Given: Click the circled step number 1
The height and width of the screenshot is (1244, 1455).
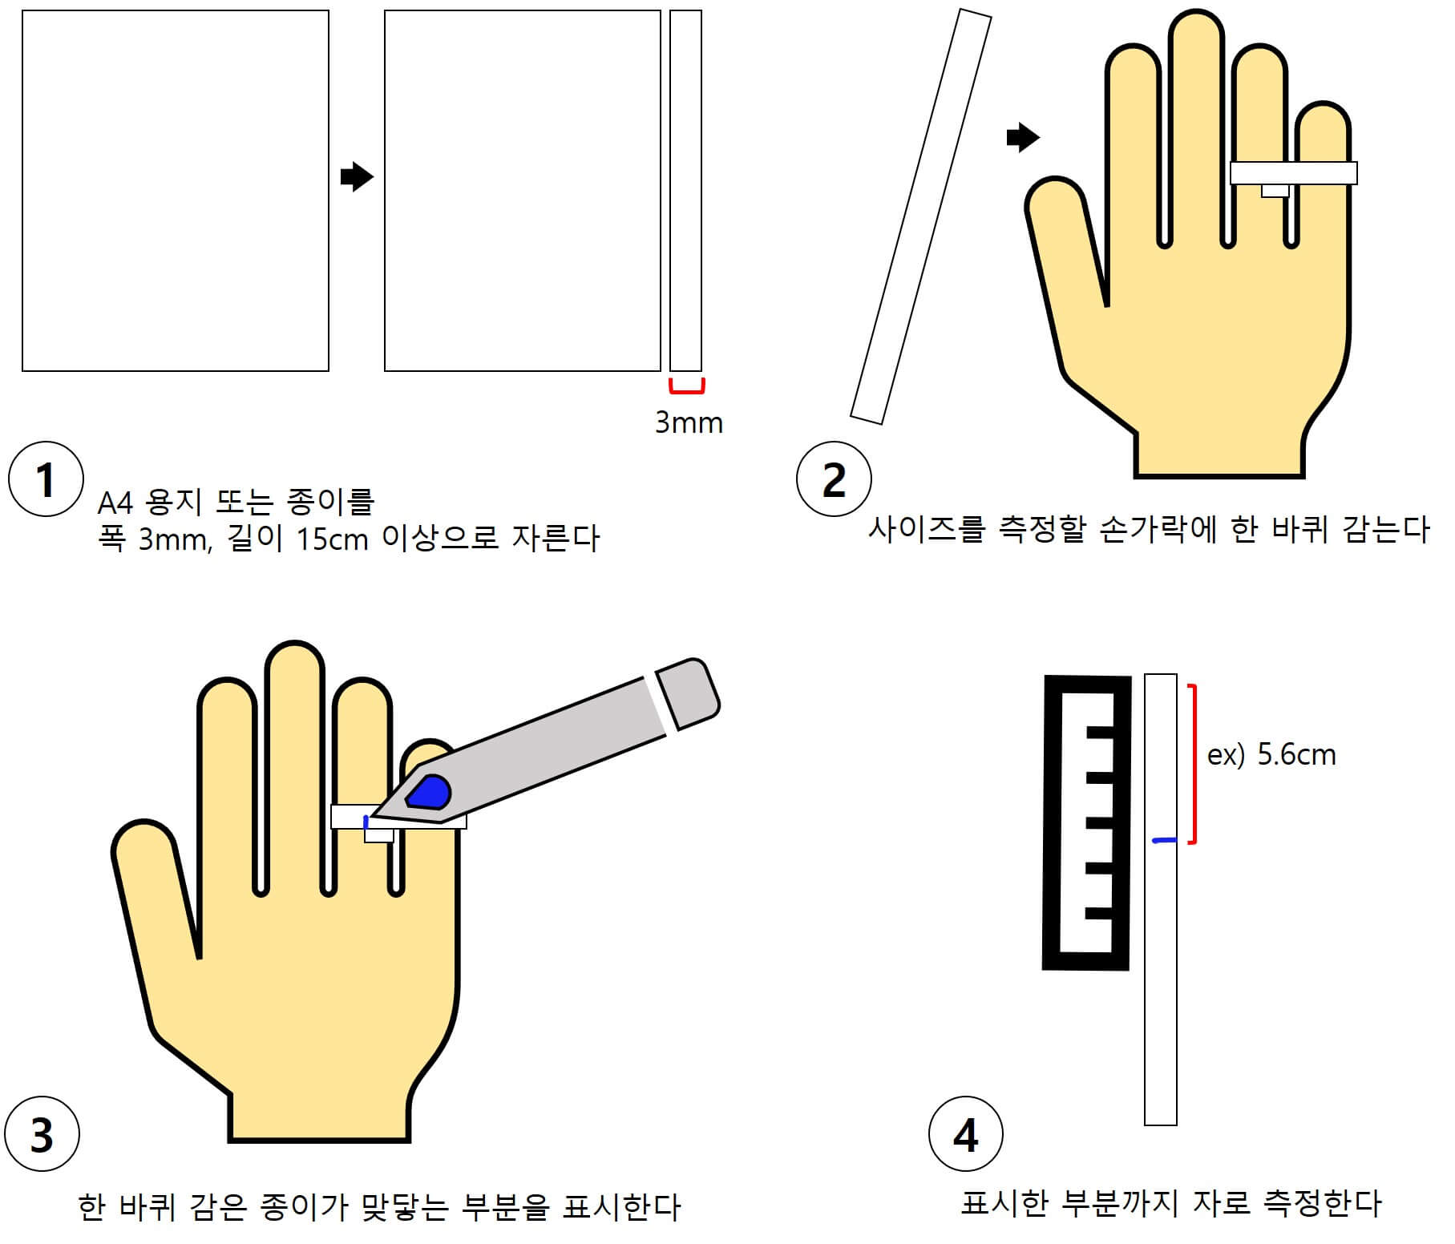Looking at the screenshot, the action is click(x=46, y=479).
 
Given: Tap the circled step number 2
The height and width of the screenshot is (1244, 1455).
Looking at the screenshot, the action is click(x=834, y=479).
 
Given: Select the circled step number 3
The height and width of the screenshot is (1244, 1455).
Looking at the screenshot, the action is click(x=42, y=1134).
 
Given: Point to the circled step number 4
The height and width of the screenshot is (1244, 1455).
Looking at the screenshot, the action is click(x=965, y=1134).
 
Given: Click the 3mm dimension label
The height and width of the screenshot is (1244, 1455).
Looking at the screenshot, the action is click(x=689, y=422).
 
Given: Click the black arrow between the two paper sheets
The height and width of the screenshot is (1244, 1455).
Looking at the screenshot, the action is click(x=357, y=176).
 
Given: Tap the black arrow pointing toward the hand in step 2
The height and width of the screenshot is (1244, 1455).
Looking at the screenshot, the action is click(x=1023, y=137).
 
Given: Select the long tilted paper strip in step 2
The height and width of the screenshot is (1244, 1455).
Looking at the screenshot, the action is click(x=921, y=216).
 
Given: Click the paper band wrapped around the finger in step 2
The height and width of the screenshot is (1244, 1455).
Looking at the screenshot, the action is click(x=1293, y=173).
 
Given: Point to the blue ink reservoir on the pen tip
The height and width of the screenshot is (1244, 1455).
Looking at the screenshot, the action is click(x=428, y=792).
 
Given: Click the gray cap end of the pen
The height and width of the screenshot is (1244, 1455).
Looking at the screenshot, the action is click(x=688, y=693).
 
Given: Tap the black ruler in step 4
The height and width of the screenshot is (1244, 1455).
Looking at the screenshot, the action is click(x=1086, y=822).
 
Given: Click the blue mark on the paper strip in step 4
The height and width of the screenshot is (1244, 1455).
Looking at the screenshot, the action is click(x=1163, y=840).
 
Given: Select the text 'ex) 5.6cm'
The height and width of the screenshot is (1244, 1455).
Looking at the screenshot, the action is click(x=1271, y=755).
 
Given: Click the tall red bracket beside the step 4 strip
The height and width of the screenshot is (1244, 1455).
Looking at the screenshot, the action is click(x=1195, y=763).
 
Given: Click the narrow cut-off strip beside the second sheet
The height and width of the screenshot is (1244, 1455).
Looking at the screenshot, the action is click(x=685, y=191).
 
